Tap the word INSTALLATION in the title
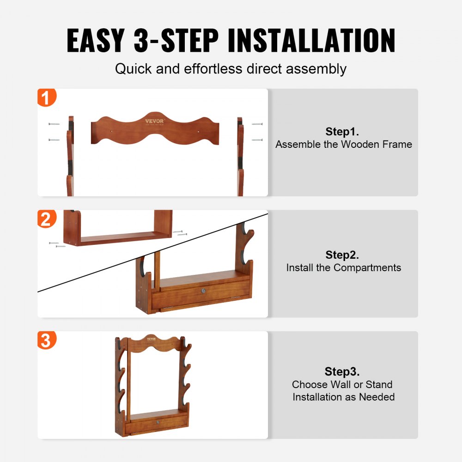311,41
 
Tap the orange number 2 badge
46,219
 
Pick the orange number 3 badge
46,340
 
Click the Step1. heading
342,131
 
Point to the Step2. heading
342,255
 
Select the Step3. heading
342,371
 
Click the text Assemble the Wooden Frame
344,144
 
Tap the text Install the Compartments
344,267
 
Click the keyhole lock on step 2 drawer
202,291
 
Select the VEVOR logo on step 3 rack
152,339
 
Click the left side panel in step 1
70,157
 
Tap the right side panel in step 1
240,157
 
